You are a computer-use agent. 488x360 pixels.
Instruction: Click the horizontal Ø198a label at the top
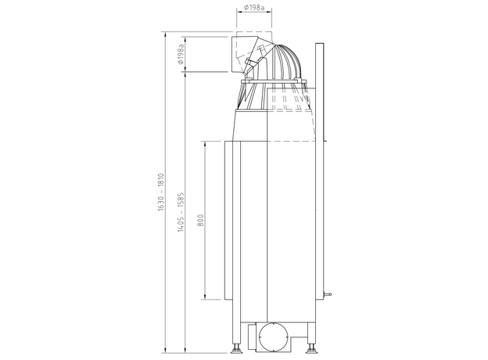[x=254, y=8]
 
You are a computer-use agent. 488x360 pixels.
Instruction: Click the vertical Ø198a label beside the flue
[x=181, y=55]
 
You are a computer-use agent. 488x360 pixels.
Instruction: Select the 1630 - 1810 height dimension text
[x=161, y=193]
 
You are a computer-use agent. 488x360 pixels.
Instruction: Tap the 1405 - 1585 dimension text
[x=181, y=212]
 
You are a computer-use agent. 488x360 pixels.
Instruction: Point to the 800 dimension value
[x=201, y=220]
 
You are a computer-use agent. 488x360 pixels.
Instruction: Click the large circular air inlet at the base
[x=273, y=337]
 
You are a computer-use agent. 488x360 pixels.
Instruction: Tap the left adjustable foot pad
[x=237, y=351]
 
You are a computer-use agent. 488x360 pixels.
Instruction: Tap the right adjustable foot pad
[x=310, y=351]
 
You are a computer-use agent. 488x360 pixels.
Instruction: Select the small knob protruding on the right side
[x=328, y=293]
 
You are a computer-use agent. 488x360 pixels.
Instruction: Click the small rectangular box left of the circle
[x=252, y=337]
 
